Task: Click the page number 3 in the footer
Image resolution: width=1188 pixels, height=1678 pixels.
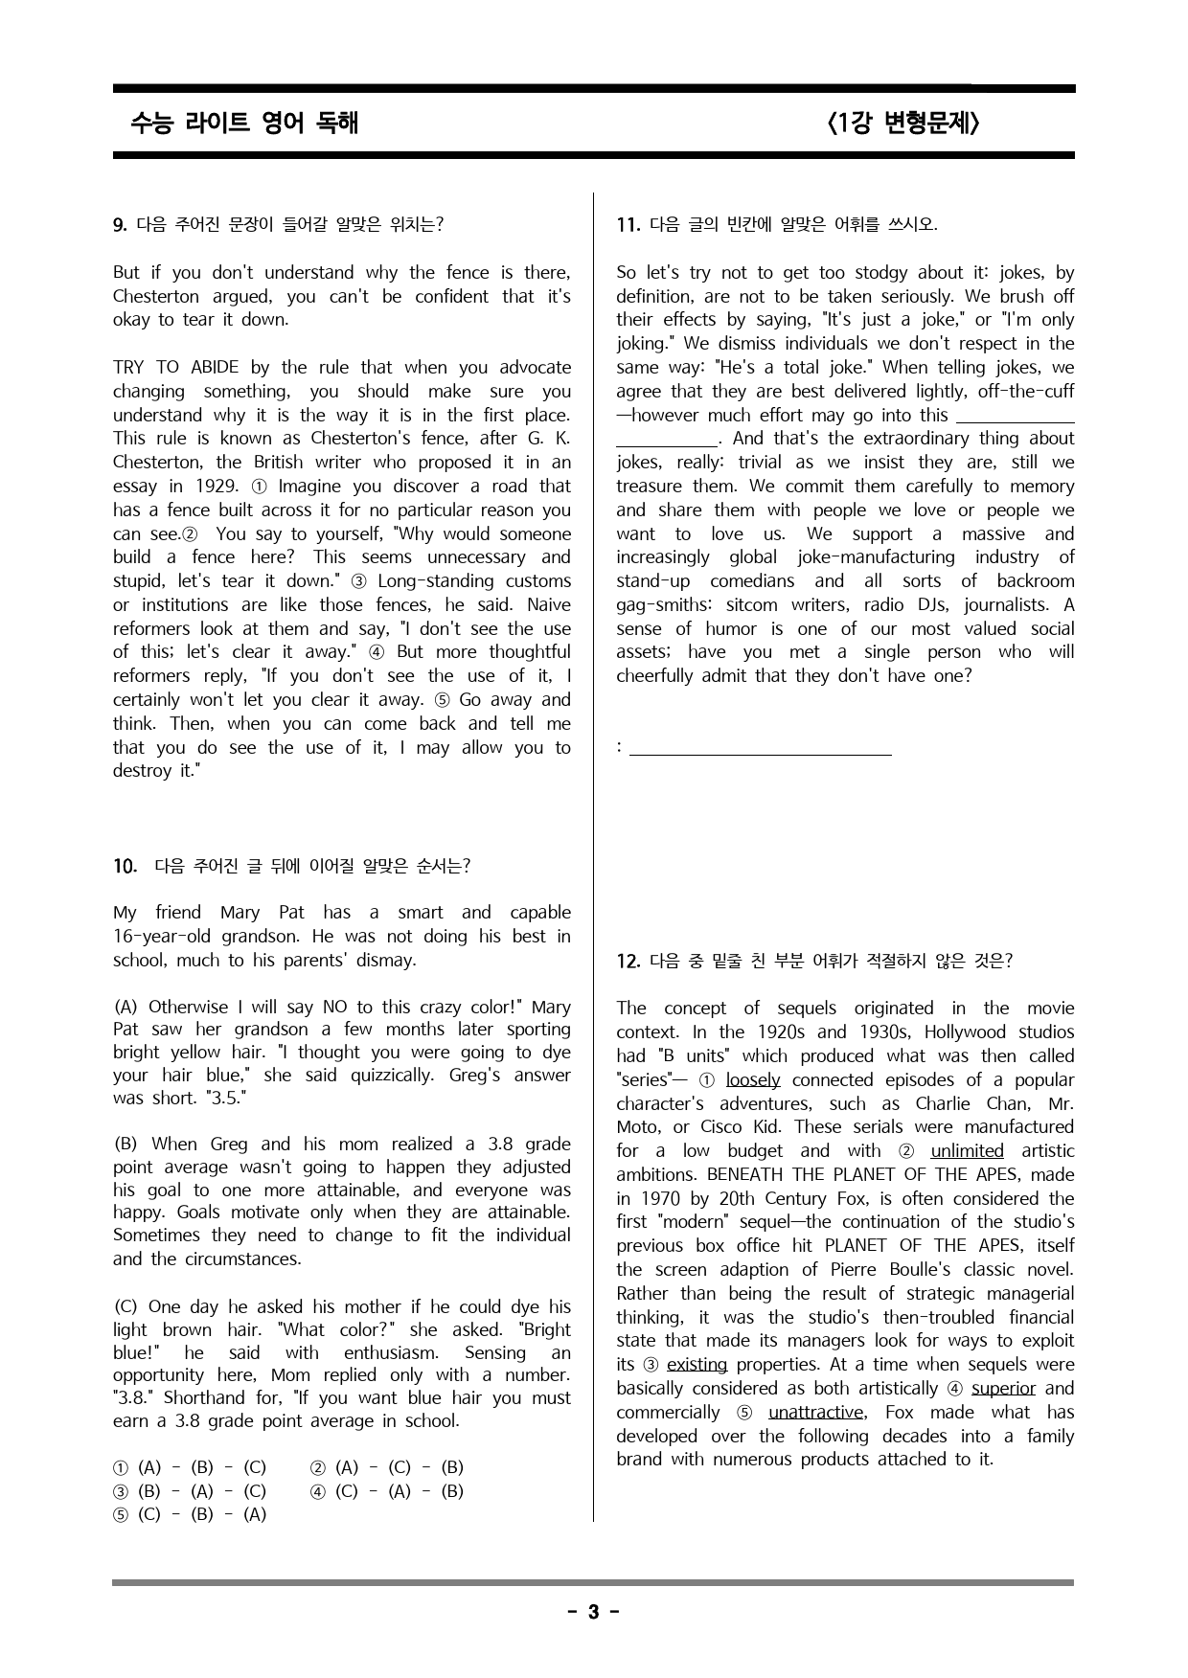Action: point(593,1612)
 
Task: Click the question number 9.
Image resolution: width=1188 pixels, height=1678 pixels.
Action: point(120,225)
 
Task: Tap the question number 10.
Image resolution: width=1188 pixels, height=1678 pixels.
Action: point(125,866)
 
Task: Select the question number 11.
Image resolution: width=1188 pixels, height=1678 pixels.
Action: point(628,225)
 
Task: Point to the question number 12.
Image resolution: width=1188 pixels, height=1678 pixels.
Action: point(628,961)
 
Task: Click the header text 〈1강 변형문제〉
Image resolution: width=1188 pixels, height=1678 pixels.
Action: point(902,123)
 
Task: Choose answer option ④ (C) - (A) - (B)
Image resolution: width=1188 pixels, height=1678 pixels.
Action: point(387,1491)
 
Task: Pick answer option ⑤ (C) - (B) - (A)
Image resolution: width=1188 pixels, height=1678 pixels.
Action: point(190,1514)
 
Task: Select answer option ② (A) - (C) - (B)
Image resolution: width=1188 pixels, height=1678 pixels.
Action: point(387,1467)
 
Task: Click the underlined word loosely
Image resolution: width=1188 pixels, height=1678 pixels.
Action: point(753,1079)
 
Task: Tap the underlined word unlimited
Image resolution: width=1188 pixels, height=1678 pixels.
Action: point(967,1150)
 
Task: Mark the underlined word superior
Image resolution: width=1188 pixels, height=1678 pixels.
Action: point(1003,1388)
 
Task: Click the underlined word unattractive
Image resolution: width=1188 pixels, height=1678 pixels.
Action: point(816,1412)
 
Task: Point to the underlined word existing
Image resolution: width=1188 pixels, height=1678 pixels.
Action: point(697,1364)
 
